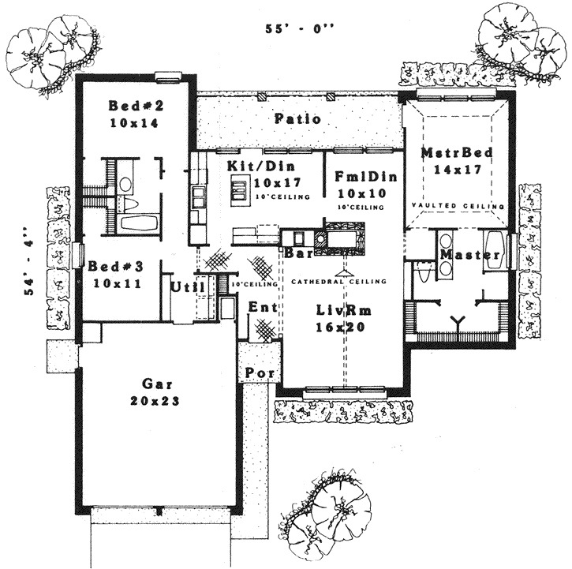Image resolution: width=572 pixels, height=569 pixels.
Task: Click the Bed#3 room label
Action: click(x=115, y=266)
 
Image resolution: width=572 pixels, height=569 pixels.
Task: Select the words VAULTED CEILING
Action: click(x=457, y=206)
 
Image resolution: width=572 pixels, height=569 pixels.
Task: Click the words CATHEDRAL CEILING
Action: click(x=338, y=281)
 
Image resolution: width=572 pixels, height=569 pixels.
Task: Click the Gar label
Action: click(x=153, y=384)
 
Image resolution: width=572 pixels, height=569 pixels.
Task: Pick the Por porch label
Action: click(x=257, y=372)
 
